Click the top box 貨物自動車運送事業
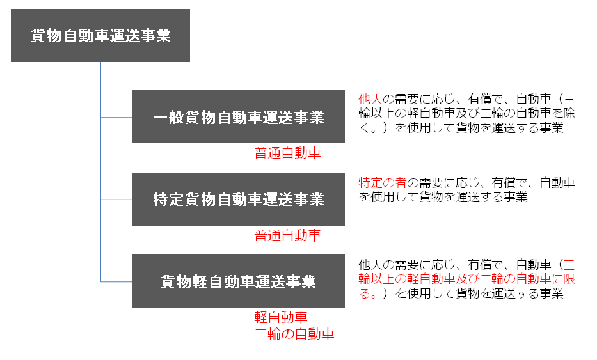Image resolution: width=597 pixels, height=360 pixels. tap(100, 35)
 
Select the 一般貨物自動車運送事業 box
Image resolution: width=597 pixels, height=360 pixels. tap(238, 117)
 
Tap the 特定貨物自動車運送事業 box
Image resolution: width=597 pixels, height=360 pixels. tap(238, 199)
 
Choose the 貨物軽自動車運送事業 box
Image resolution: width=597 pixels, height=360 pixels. tap(238, 281)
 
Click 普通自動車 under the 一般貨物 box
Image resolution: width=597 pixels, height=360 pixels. tap(287, 153)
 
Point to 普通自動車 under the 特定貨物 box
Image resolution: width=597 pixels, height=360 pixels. tap(287, 235)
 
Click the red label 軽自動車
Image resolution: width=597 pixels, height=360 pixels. tap(281, 317)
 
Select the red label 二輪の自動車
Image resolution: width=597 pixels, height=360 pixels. tap(294, 334)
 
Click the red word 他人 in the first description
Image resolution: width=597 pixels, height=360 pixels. tap(370, 99)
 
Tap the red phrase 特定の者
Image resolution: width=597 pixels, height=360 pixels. tap(382, 183)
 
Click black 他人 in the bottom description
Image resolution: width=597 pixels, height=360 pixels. tap(370, 264)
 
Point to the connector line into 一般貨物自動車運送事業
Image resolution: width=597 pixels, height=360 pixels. tap(116, 117)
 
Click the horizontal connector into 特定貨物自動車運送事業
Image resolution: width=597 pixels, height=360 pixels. tap(116, 200)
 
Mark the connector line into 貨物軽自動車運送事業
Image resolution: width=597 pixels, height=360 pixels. tap(116, 281)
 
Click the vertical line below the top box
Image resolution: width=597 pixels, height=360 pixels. tap(100, 171)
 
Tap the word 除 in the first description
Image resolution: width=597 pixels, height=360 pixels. tap(569, 113)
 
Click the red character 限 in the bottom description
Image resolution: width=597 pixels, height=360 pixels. tap(569, 279)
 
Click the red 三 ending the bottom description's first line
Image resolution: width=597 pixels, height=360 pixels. tap(569, 264)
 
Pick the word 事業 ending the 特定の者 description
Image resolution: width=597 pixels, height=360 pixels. tap(516, 197)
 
